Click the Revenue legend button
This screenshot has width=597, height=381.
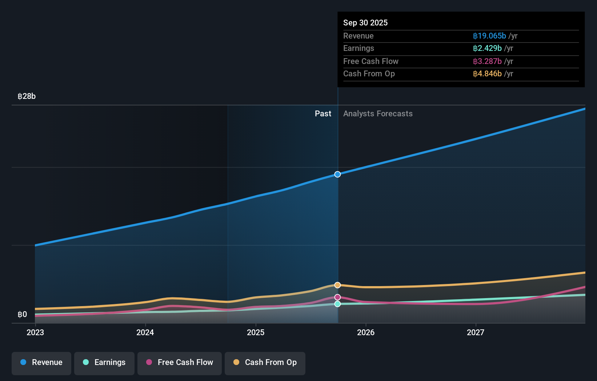[x=41, y=362]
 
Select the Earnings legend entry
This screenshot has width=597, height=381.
[x=104, y=362]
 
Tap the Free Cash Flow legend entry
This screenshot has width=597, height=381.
[x=180, y=362]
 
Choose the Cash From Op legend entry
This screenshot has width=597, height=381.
[x=265, y=362]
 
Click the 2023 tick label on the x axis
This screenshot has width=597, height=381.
[x=35, y=332]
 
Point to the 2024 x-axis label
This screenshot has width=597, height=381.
[x=145, y=332]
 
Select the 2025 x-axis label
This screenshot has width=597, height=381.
[x=256, y=332]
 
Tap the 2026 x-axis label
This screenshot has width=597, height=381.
[x=366, y=332]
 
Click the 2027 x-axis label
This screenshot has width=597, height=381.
[x=476, y=332]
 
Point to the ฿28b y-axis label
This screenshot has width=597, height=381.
[x=27, y=96]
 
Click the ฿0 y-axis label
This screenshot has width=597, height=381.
[x=22, y=314]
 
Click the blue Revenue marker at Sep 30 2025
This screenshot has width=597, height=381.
[x=337, y=174]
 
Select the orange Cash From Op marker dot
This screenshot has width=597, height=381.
[x=337, y=285]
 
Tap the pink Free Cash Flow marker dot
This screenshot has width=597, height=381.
[x=337, y=297]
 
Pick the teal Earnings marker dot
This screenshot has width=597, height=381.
[x=337, y=304]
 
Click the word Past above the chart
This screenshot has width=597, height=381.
[x=323, y=114]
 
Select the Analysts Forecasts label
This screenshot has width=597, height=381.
[x=378, y=114]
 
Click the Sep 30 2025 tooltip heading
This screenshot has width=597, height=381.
[x=365, y=23]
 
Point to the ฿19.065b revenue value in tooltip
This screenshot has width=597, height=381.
[x=489, y=36]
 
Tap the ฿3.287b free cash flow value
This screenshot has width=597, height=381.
[x=487, y=61]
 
